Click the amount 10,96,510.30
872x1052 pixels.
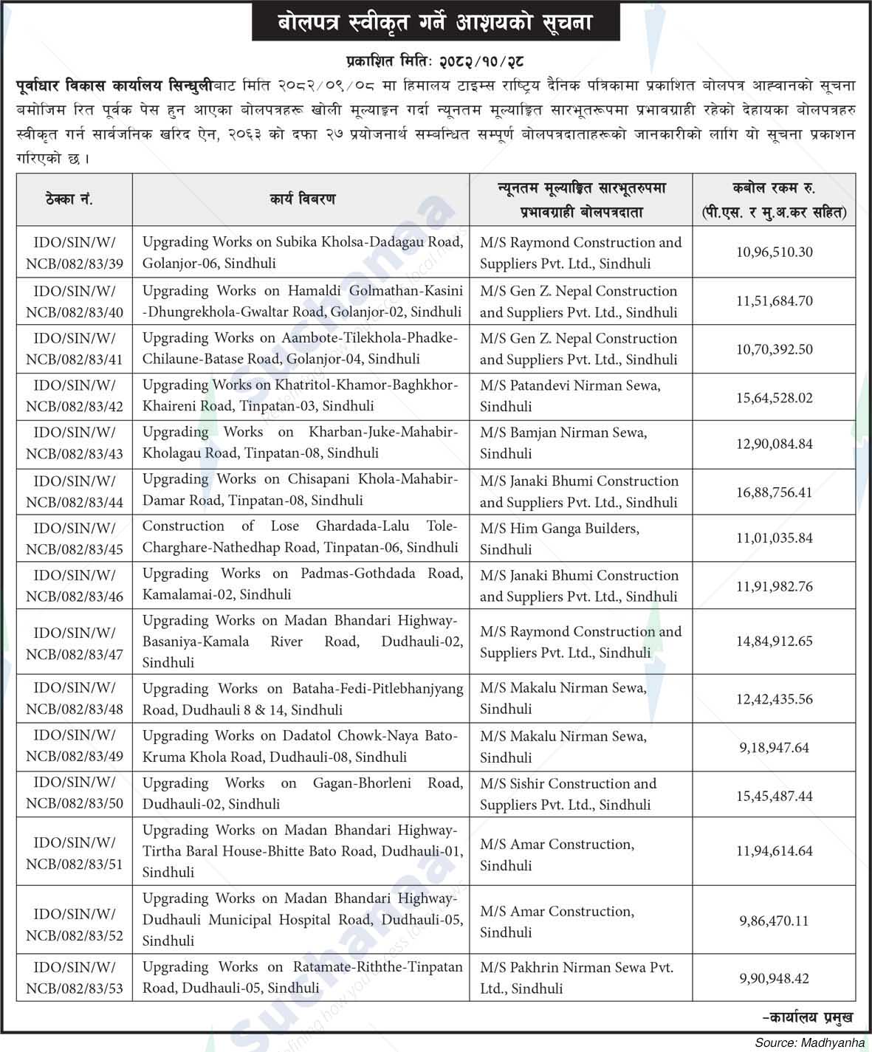pos(774,252)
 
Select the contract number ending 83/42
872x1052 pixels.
pos(75,396)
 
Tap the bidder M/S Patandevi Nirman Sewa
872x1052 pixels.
pos(570,396)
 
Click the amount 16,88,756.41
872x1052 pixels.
pos(774,492)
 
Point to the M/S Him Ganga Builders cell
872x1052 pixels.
pos(560,539)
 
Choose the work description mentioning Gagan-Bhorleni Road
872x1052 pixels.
pos(302,794)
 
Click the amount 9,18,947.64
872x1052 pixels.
pos(774,748)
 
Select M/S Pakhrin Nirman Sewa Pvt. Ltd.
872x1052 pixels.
pos(577,977)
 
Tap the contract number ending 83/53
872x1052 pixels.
pos(75,977)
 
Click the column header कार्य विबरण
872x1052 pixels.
pos(302,199)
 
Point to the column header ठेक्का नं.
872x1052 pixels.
pos(75,199)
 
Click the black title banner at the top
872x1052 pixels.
pos(435,23)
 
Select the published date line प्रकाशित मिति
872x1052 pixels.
pos(435,61)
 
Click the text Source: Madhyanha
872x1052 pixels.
pos(809,1042)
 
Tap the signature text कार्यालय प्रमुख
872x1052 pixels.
pos(806,1018)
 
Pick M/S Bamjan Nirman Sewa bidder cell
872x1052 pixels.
pos(563,443)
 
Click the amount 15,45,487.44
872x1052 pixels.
pos(774,796)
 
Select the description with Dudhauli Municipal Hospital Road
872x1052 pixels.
pos(302,919)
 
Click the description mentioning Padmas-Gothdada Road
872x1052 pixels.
pos(302,584)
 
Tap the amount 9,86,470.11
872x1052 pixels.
pos(774,921)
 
